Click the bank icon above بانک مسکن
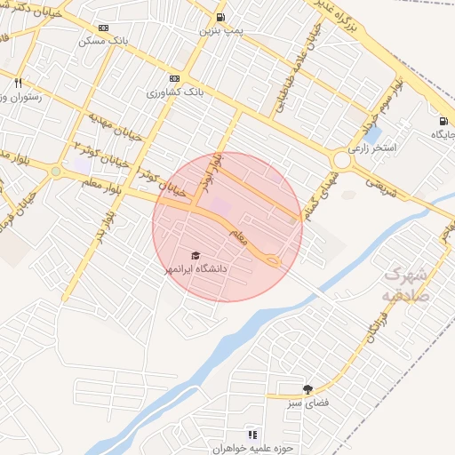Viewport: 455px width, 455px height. (x=104, y=28)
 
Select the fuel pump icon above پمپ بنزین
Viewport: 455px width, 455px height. (x=220, y=17)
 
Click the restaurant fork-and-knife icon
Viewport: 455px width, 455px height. (x=18, y=83)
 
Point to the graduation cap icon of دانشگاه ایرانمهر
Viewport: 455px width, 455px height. (x=196, y=255)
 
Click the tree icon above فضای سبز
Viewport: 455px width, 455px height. (x=307, y=389)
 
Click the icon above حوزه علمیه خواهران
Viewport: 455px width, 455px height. (x=252, y=435)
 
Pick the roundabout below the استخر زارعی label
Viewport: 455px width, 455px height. (x=342, y=160)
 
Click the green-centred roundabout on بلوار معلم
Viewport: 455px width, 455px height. (x=56, y=171)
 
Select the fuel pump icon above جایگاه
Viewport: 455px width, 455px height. (x=442, y=121)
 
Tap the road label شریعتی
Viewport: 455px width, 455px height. (x=379, y=182)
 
